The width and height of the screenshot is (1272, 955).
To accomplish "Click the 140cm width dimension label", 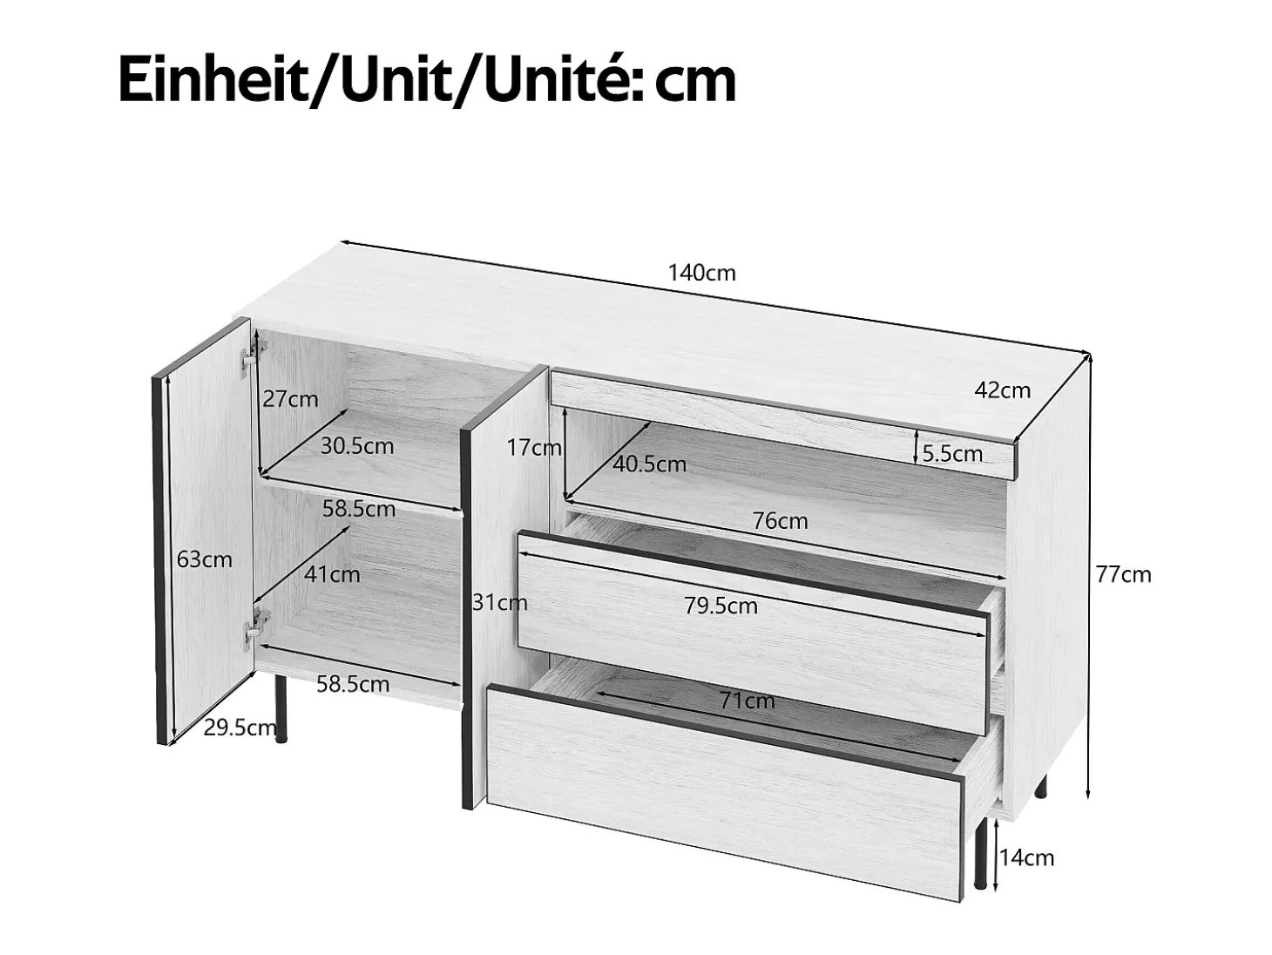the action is (x=701, y=273).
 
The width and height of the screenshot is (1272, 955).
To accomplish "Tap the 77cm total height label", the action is (x=1123, y=575).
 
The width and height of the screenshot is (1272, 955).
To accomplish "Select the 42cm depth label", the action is (x=1003, y=390).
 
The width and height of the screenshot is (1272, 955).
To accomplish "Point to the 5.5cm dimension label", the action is (x=952, y=454).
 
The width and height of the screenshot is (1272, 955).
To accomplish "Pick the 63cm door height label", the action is (x=204, y=559).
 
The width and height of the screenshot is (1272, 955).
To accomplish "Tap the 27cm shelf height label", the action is (x=290, y=399).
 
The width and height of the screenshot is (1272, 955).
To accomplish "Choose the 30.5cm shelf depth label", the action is (x=357, y=446).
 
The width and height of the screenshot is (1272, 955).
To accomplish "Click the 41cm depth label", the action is (x=332, y=574).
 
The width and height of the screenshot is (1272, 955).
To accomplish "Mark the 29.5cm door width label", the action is (x=240, y=728).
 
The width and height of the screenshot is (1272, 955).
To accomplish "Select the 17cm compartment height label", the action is (x=534, y=447).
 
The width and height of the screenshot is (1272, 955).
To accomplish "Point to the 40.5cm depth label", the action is (x=649, y=464).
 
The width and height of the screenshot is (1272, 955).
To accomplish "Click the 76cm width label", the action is (x=780, y=522).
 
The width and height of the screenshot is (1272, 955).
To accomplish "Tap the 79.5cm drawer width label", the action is (x=721, y=606).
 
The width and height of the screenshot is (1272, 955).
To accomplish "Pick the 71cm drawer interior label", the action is (x=748, y=701).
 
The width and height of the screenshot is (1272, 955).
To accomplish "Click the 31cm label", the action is (x=499, y=603).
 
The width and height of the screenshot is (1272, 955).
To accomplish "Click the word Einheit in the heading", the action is (x=213, y=80).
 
